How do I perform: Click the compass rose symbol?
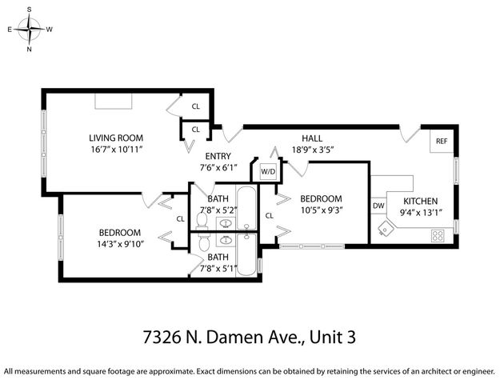pos(30,30)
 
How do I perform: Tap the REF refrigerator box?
pos(441,141)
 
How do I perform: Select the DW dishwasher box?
pos(378,206)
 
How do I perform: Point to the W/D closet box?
pos(266,171)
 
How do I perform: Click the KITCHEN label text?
pos(422,200)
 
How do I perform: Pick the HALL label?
pos(312,138)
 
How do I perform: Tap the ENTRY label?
pos(218,156)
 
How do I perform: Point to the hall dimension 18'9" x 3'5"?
pos(312,150)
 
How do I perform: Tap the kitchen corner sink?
pos(386,229)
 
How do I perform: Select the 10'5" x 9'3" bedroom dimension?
pos(321,210)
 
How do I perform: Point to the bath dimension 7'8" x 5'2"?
pos(218,210)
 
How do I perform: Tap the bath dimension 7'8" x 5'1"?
pos(218,269)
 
